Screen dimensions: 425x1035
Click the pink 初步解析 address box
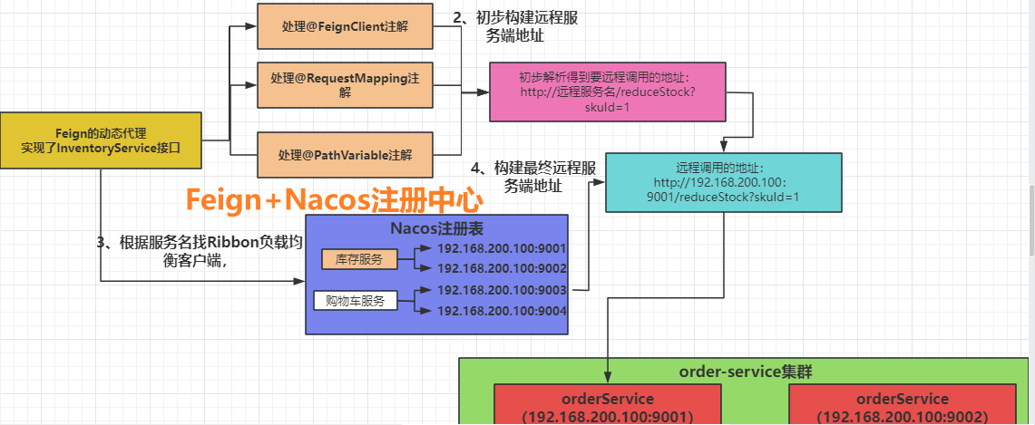point(608,91)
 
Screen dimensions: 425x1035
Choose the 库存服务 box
point(359,259)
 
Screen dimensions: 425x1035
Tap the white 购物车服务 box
point(356,301)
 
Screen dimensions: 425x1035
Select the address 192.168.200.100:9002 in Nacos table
point(502,268)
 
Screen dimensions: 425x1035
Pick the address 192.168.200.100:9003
point(502,290)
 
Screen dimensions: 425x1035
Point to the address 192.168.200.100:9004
point(502,311)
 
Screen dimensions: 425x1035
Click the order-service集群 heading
point(739,372)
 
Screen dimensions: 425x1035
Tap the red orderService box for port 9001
point(608,405)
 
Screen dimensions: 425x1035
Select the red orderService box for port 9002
point(902,405)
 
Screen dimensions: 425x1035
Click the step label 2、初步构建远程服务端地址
point(514,26)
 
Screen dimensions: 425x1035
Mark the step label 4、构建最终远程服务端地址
point(533,177)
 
